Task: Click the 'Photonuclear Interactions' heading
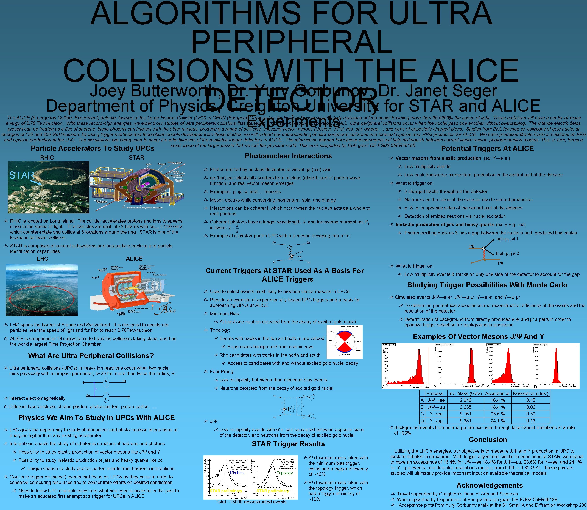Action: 288,156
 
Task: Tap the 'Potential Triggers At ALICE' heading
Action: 487,149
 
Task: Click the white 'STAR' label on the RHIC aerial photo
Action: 22,175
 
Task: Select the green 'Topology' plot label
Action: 285,473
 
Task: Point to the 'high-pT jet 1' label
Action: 507,239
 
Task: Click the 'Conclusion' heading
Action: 488,440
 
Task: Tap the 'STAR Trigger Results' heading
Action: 288,444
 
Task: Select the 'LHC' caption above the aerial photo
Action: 42,259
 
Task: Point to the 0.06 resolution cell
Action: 530,407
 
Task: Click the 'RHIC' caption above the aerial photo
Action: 47,158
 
